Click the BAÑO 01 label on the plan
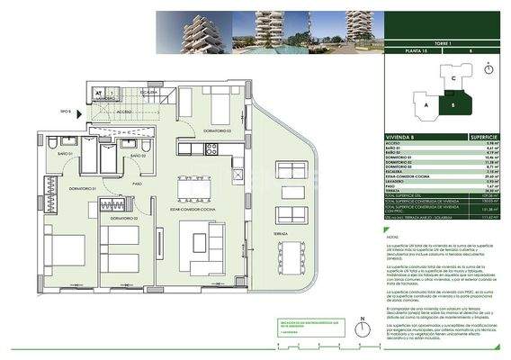(x=64, y=154)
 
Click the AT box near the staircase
(x=100, y=92)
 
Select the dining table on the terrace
(x=291, y=257)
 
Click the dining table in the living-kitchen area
(x=194, y=189)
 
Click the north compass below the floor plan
(x=361, y=326)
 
